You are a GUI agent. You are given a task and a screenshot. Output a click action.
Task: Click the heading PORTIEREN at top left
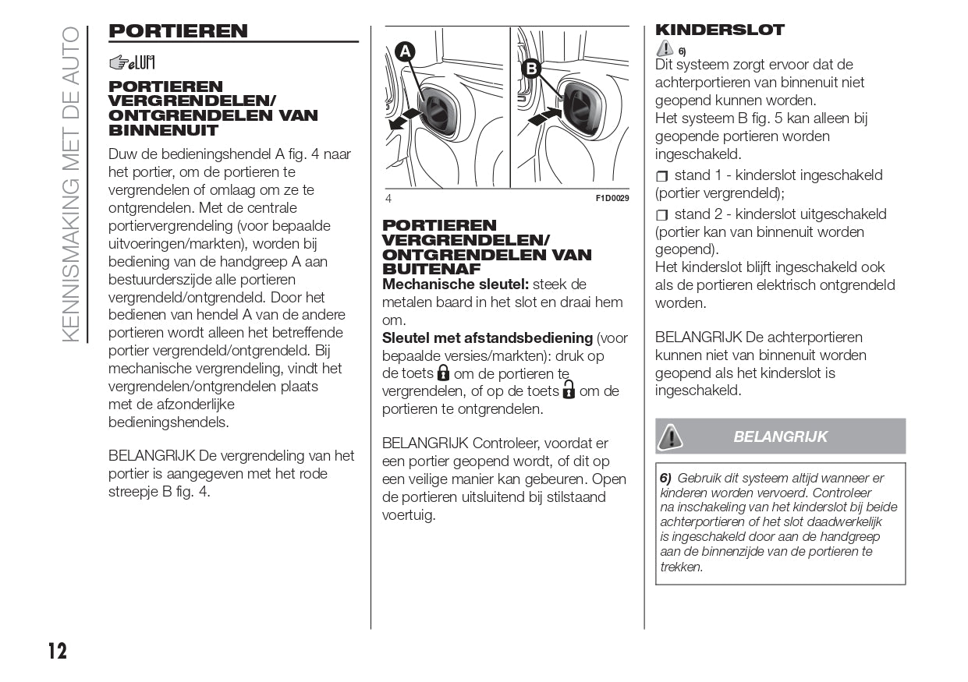178,31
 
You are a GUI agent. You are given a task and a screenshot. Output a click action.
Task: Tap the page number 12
57,651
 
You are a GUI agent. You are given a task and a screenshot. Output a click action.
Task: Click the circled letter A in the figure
404,52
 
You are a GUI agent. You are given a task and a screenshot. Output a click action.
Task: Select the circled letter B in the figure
531,69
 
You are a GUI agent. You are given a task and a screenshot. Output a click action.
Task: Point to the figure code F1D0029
612,199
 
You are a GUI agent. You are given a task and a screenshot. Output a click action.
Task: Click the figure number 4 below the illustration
388,199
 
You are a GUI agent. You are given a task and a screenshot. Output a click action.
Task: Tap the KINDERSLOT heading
720,30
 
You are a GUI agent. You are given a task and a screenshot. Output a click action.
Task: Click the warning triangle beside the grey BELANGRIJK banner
670,436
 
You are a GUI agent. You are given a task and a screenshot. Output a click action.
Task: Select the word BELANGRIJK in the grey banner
780,436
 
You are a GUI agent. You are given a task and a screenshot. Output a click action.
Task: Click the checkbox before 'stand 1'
662,176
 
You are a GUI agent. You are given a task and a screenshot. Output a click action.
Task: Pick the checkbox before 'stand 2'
662,215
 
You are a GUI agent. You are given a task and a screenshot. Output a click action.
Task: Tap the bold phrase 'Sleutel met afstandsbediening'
487,338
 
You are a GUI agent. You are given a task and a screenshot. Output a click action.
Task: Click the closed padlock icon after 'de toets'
443,373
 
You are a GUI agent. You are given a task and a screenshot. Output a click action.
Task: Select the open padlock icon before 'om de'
569,390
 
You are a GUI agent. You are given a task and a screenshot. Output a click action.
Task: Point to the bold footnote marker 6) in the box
665,478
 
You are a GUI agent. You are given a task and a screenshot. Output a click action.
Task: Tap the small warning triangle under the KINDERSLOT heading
665,49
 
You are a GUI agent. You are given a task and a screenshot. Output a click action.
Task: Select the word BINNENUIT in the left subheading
152,130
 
